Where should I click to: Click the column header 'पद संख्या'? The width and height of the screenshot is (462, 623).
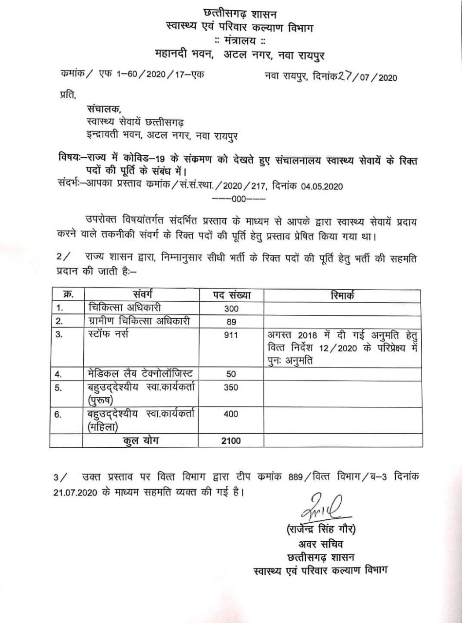tap(231, 294)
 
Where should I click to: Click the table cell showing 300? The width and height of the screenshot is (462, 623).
tap(231, 309)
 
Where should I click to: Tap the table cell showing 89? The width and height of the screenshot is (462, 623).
tap(231, 322)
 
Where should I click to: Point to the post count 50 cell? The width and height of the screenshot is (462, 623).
tap(231, 374)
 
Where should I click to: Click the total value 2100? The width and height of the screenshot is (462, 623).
tap(231, 440)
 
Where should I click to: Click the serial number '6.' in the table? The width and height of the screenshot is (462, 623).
tap(59, 414)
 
